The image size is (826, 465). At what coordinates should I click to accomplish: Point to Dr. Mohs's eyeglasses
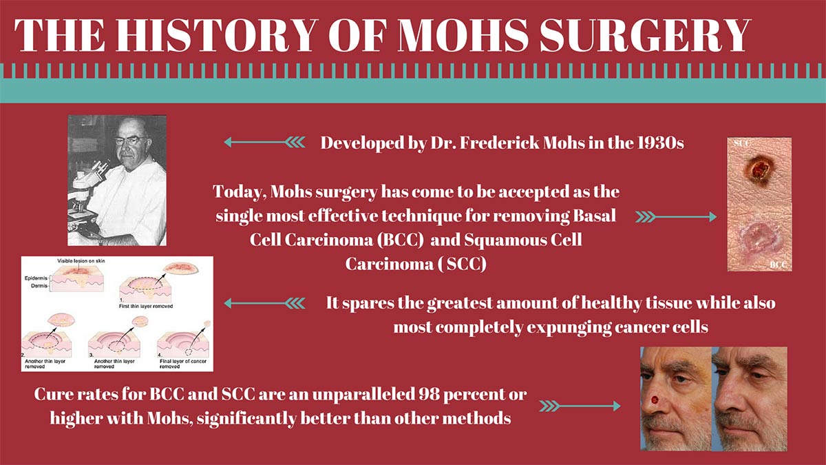coord(131,141)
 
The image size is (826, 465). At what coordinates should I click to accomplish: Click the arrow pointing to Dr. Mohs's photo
coord(264,142)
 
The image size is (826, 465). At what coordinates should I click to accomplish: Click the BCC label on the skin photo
coord(778,265)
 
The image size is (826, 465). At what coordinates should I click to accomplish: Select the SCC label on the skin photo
coord(741,143)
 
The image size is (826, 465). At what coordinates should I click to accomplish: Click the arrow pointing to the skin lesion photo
coord(676,217)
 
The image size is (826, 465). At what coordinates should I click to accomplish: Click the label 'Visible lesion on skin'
coord(81,261)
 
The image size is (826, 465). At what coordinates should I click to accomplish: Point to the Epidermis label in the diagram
coord(36,278)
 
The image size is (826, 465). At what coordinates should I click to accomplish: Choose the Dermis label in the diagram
coord(39,286)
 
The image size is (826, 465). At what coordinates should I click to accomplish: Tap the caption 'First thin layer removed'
coord(146,307)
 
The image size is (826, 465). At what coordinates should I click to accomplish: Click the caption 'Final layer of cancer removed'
coord(183,364)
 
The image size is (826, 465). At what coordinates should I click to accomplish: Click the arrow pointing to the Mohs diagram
coord(264,303)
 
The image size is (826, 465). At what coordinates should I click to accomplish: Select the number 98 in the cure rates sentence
coord(430,394)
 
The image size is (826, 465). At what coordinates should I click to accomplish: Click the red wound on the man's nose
coord(654,400)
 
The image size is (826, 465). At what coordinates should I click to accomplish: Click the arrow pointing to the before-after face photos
coord(580,406)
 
